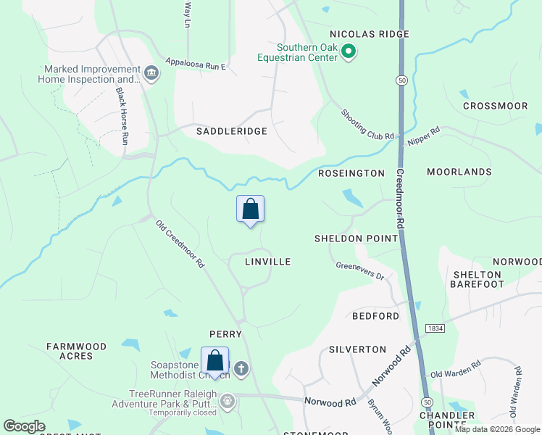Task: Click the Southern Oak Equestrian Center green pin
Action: tap(349, 51)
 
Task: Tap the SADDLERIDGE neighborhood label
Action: tap(232, 131)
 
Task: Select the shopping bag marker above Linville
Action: tap(250, 210)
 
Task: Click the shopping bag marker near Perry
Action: tap(215, 360)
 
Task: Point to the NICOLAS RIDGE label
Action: tap(370, 34)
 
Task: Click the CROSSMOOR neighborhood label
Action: tap(495, 106)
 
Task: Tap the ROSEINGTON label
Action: tap(351, 173)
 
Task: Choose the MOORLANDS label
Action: tap(459, 172)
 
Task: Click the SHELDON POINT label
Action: tap(357, 239)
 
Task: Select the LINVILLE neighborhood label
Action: tap(267, 262)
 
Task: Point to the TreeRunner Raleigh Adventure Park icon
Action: tap(228, 400)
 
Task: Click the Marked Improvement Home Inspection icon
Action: tap(152, 74)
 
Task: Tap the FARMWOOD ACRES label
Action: tap(80, 352)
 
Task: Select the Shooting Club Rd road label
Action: tap(367, 124)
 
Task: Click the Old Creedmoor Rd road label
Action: tap(180, 245)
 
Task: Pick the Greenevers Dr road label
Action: tap(359, 271)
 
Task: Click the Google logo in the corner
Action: tap(24, 426)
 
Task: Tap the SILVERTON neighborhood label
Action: tap(357, 349)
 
